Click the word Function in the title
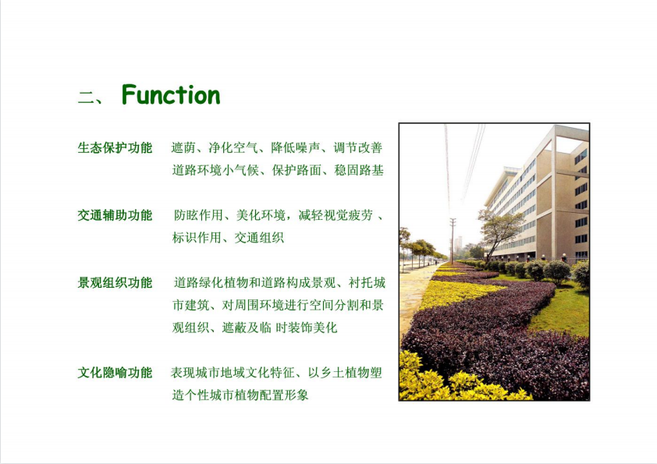pyautogui.click(x=171, y=94)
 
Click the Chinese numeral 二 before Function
pyautogui.click(x=87, y=97)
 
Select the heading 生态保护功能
pyautogui.click(x=115, y=147)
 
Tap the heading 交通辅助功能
pyautogui.click(x=115, y=215)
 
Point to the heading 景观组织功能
pyautogui.click(x=115, y=282)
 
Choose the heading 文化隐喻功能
pyautogui.click(x=115, y=372)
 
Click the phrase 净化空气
pyautogui.click(x=233, y=147)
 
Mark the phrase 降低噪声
pyautogui.click(x=296, y=147)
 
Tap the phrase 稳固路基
pyautogui.click(x=359, y=170)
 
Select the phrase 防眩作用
pyautogui.click(x=199, y=215)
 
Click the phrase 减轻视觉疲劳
pyautogui.click(x=336, y=215)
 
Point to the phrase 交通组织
pyautogui.click(x=259, y=238)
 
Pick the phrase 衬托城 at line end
pyautogui.click(x=367, y=282)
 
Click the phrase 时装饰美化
pyautogui.click(x=307, y=328)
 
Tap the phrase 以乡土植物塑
pyautogui.click(x=345, y=372)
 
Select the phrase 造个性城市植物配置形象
pyautogui.click(x=240, y=395)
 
